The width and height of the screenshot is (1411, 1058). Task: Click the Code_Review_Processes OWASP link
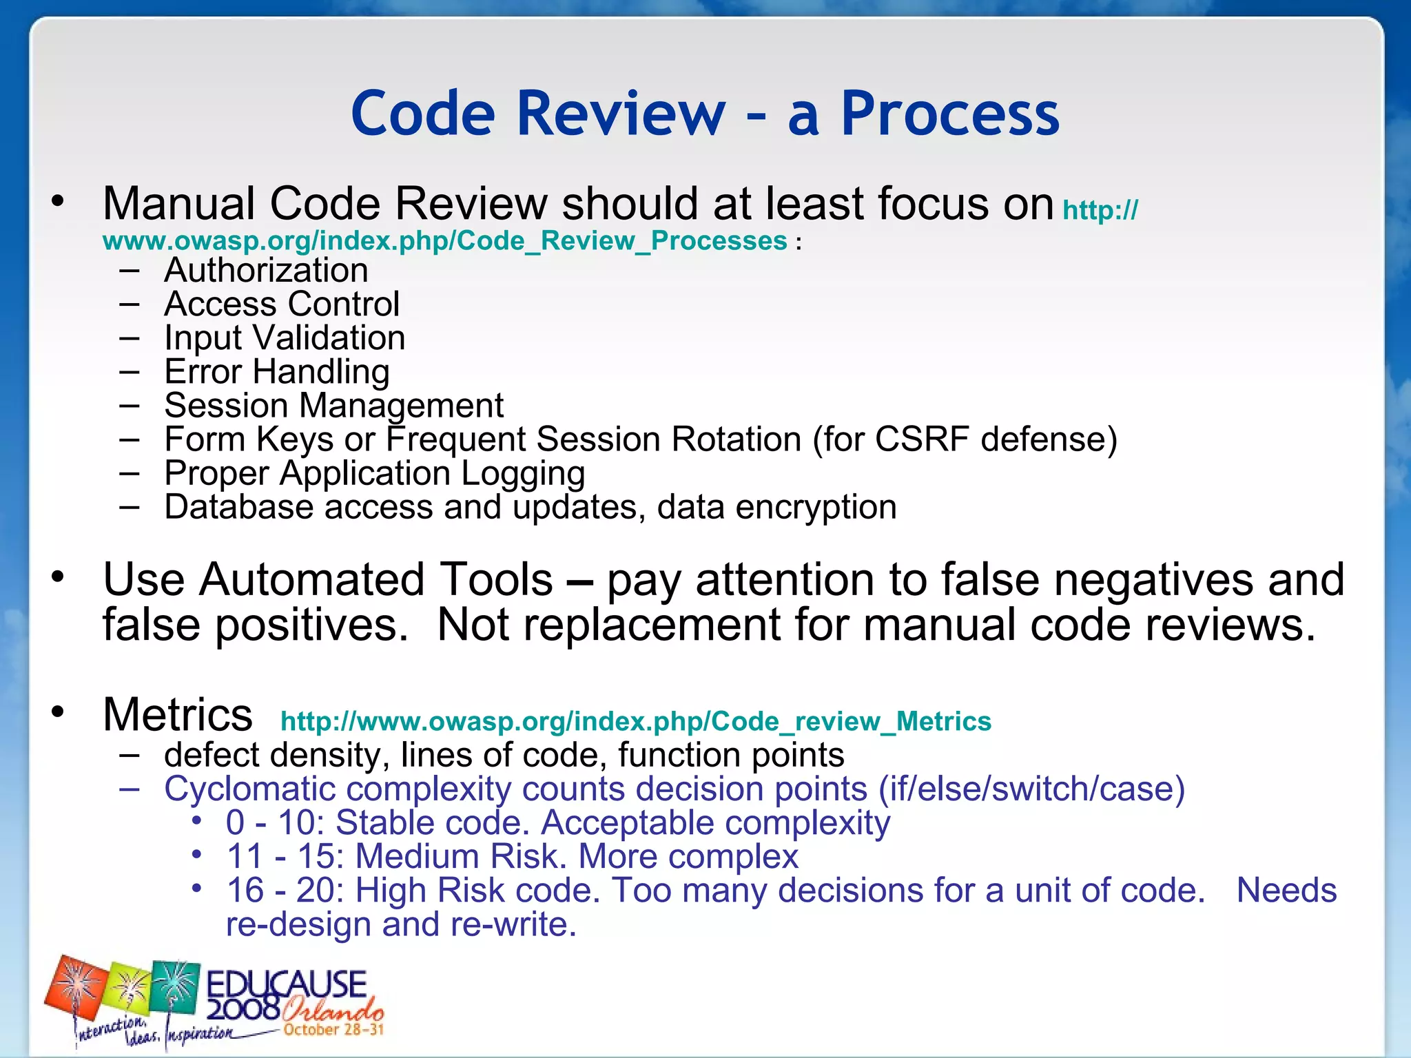click(x=444, y=241)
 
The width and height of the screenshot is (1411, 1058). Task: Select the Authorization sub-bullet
click(x=266, y=270)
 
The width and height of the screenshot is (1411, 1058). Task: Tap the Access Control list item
click(x=281, y=304)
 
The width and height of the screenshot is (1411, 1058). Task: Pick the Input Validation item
click(x=284, y=338)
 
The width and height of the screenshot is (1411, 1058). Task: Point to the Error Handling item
click(x=276, y=372)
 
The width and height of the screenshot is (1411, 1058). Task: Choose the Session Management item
click(x=333, y=406)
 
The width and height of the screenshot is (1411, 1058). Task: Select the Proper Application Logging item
click(x=374, y=473)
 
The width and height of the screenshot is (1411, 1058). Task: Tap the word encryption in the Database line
click(x=816, y=507)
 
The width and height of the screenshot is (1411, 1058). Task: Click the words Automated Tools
click(x=328, y=579)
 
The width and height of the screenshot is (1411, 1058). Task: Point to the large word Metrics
click(x=178, y=714)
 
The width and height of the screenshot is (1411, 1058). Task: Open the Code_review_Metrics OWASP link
click(x=635, y=722)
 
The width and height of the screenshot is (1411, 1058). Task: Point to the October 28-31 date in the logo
click(x=333, y=1030)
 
